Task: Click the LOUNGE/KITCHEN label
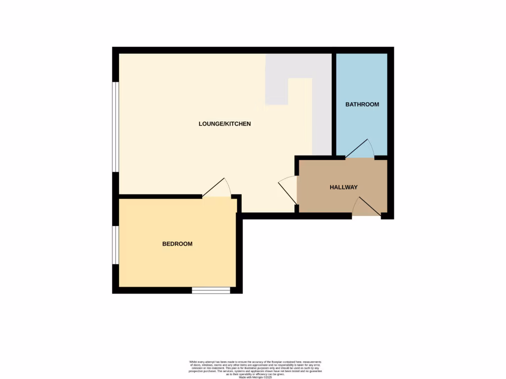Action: (225, 124)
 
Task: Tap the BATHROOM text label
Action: (362, 105)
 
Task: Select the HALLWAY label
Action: (343, 188)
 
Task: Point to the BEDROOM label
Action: (177, 244)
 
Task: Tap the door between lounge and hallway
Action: (288, 189)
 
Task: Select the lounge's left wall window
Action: (115, 127)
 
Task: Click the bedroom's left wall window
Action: (115, 245)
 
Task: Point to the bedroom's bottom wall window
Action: (211, 291)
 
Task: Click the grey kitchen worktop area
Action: (322, 99)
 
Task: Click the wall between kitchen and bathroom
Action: (334, 104)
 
